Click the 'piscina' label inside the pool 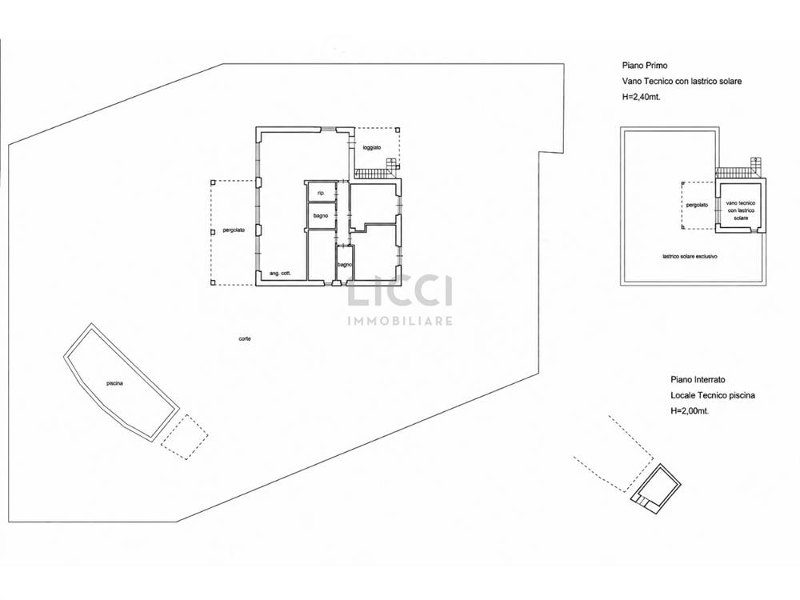coord(114,384)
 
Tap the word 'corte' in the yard coord(244,338)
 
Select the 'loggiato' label coord(372,147)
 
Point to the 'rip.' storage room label coord(321,194)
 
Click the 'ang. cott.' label coord(280,274)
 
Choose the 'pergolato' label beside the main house coord(234,230)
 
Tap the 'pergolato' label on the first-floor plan coord(697,205)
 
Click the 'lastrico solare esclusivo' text coord(690,257)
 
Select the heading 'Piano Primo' coord(644,66)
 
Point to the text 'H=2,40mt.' coord(641,97)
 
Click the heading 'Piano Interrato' coord(698,379)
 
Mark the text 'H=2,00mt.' coord(690,411)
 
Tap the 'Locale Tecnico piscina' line coord(713,395)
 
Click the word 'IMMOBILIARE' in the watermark coord(400,321)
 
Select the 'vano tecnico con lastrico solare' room coord(740,206)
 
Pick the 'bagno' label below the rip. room coord(321,216)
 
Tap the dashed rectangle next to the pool coord(184,438)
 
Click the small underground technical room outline coord(656,486)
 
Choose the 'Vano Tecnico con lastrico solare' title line coord(682,81)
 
